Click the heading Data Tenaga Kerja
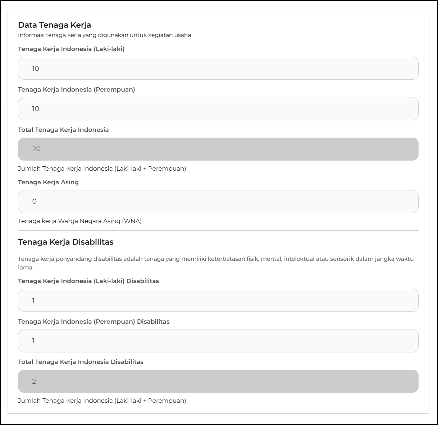click(x=54, y=25)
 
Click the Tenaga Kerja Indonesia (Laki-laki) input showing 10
click(x=218, y=68)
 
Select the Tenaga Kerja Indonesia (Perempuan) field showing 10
click(x=218, y=108)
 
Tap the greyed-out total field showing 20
click(x=218, y=149)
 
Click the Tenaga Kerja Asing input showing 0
click(x=218, y=202)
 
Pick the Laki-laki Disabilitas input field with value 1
click(x=218, y=300)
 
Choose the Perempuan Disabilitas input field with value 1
click(x=218, y=341)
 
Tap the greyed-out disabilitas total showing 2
click(x=218, y=381)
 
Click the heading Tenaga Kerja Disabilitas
click(x=66, y=242)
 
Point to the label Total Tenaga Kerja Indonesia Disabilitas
click(x=81, y=362)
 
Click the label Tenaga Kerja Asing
click(x=48, y=182)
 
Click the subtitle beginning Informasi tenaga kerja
click(x=104, y=35)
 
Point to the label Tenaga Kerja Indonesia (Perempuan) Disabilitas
click(x=93, y=322)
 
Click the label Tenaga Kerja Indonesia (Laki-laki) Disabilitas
click(x=88, y=281)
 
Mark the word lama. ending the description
click(x=26, y=268)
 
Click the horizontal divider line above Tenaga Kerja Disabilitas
click(x=218, y=230)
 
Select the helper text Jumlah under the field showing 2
click(x=102, y=401)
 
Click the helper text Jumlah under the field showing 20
click(x=102, y=168)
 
